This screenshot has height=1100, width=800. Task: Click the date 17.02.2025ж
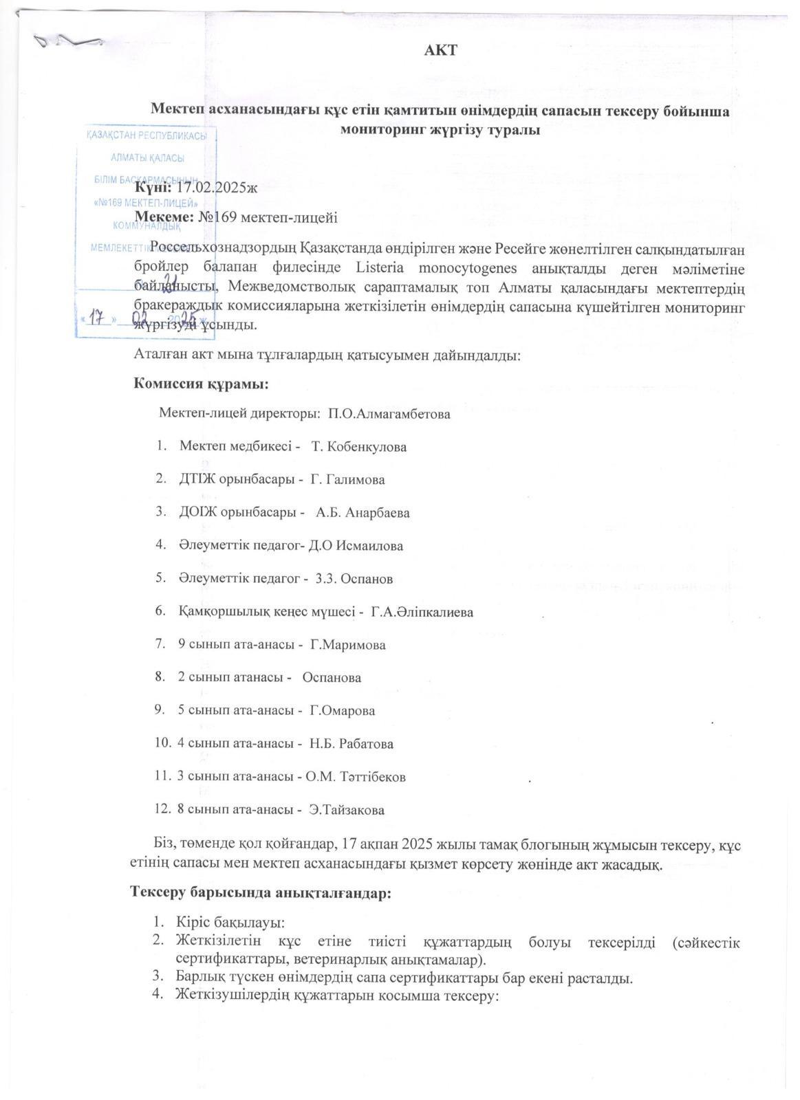[x=217, y=186]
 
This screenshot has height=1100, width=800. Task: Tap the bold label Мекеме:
[x=164, y=217]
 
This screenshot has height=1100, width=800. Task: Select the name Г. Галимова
[x=347, y=480]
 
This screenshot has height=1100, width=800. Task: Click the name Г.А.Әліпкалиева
[x=422, y=612]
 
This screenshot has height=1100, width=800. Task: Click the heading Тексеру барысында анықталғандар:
[x=261, y=893]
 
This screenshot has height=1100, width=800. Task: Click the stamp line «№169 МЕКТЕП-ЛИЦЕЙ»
[x=146, y=203]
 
